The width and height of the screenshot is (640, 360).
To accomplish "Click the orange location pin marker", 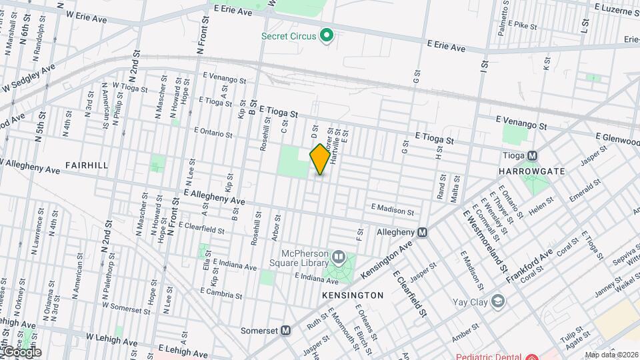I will click(320, 159).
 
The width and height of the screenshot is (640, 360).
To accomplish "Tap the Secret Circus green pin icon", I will click(327, 35).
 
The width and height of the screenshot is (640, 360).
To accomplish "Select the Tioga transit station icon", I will click(533, 156).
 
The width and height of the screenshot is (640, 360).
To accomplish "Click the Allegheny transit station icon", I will click(422, 233).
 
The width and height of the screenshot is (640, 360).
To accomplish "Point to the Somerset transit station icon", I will click(286, 330).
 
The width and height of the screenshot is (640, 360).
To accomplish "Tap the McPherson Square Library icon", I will click(339, 257).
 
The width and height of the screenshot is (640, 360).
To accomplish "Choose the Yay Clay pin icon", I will click(497, 301).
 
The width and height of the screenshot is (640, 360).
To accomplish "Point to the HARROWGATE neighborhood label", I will click(532, 171).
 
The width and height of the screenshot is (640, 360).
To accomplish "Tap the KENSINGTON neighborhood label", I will click(353, 295).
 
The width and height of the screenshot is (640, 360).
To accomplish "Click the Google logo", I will click(21, 352).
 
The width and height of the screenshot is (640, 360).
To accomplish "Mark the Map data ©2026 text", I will click(611, 355).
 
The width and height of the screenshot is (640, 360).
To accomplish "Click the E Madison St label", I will click(393, 210).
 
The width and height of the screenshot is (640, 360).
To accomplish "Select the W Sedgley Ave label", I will click(29, 79).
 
